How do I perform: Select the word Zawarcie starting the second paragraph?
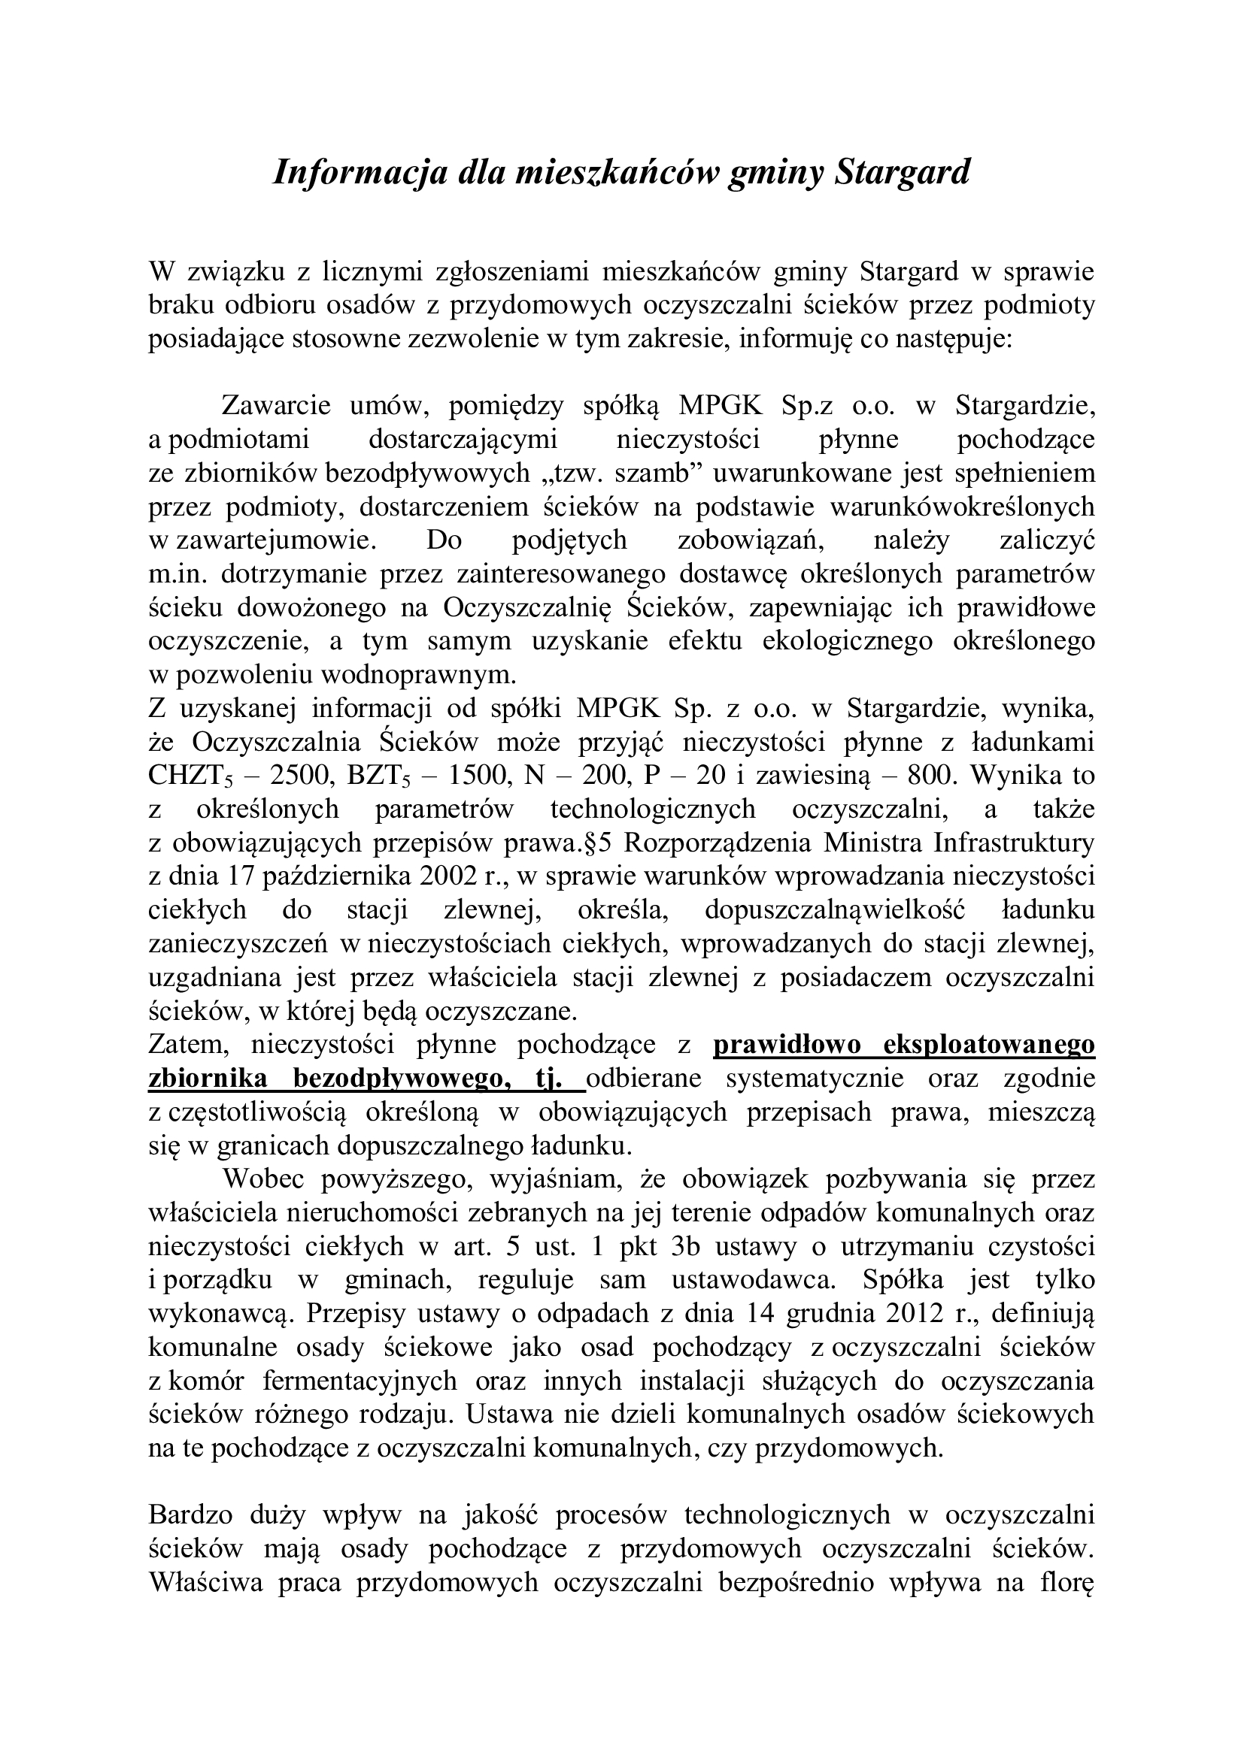(276, 405)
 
